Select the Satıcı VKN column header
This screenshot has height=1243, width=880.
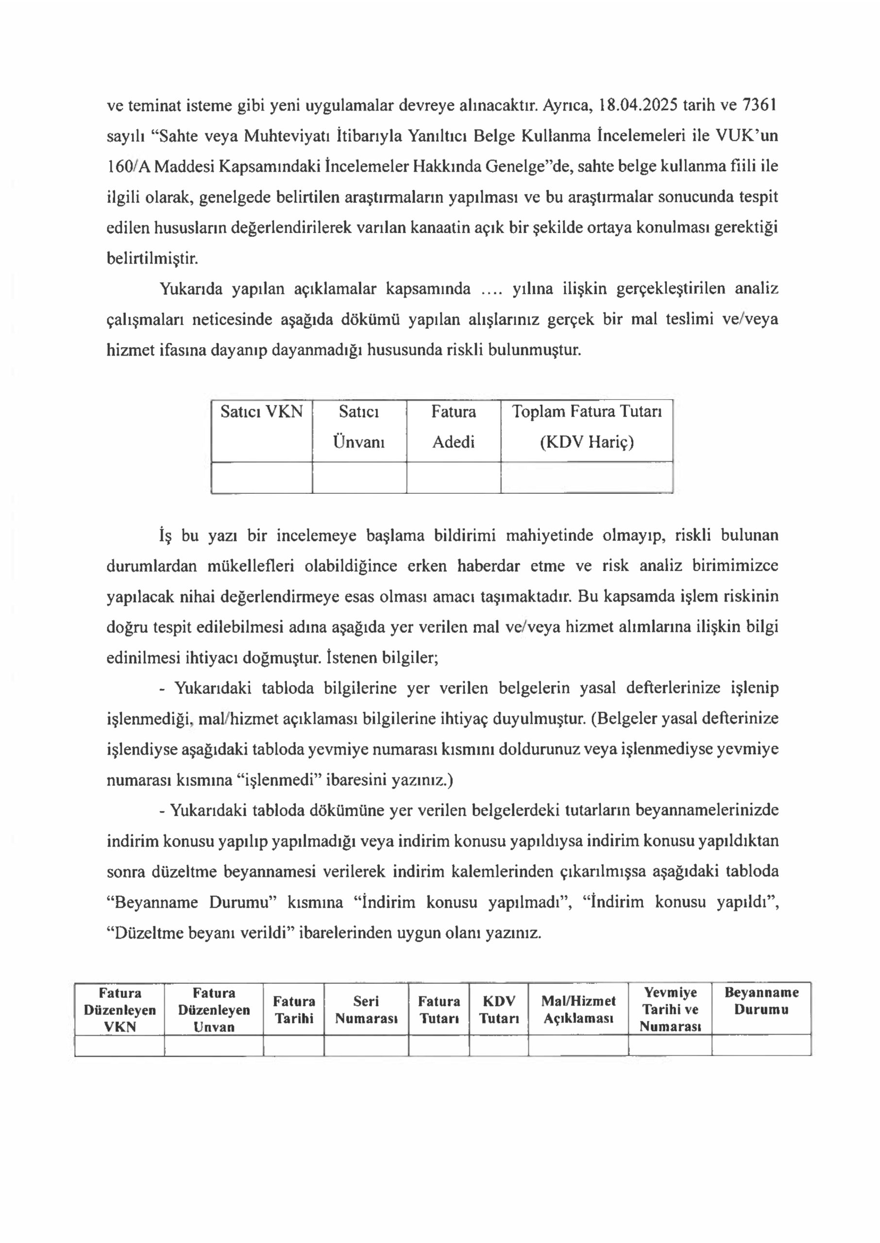coord(261,413)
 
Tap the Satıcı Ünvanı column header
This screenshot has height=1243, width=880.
coord(359,427)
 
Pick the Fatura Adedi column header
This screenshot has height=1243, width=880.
coord(454,427)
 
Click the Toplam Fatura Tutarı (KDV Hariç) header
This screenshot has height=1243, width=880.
coord(587,427)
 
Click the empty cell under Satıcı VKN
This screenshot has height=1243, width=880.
coord(261,478)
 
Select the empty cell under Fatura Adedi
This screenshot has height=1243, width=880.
coord(454,478)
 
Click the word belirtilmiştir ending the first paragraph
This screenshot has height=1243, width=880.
coord(152,258)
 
